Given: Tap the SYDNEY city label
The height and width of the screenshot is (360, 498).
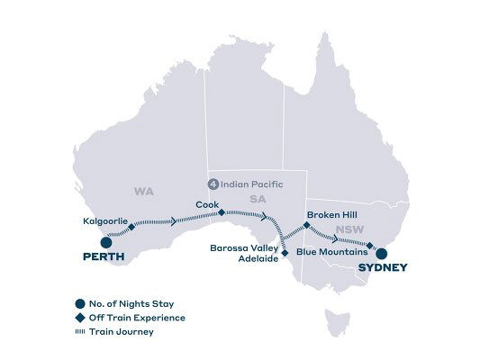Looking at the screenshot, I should point(382,267).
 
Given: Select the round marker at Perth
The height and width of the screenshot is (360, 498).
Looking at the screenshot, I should point(105,241).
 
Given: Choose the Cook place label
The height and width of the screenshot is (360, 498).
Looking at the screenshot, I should point(204,204).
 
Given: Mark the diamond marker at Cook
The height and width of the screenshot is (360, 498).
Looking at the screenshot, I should point(222,213).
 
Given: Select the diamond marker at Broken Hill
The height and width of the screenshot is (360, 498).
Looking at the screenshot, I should point(307,224).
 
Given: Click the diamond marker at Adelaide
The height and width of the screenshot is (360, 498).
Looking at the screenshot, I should point(285,253).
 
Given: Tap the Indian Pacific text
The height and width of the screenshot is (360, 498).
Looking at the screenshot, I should point(253,184).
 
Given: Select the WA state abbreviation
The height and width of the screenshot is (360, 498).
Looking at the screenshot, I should point(143,192).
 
